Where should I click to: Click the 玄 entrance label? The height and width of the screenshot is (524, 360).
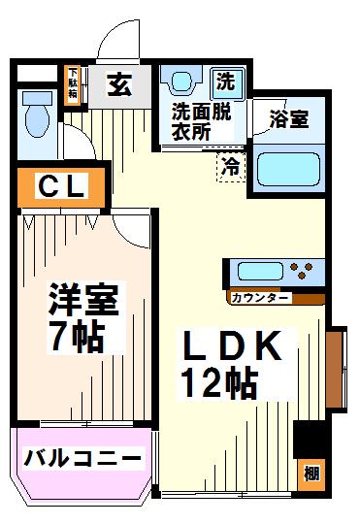(x=119, y=84)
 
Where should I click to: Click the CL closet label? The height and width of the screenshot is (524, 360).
(x=61, y=185)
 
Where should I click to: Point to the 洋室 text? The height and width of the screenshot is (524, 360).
(x=83, y=300)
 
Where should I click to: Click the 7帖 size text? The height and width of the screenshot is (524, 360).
(x=77, y=336)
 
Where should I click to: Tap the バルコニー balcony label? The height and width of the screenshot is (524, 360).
(x=82, y=458)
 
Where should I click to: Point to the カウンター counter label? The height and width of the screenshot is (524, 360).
(x=259, y=298)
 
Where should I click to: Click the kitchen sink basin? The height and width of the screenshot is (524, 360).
(x=260, y=272)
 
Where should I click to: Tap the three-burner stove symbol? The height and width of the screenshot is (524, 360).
(x=302, y=271)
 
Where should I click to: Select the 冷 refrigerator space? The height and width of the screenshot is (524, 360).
(x=231, y=167)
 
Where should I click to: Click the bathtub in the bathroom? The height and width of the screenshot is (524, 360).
(x=288, y=169)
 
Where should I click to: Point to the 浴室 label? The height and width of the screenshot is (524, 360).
(x=289, y=119)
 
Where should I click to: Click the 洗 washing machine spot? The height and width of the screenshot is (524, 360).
(x=227, y=82)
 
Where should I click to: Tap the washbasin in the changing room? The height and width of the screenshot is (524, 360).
(x=181, y=80)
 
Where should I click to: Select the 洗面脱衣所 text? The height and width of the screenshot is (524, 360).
(x=201, y=121)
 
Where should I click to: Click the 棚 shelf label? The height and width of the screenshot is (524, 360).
(x=311, y=475)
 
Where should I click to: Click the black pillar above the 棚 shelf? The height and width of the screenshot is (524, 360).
(x=310, y=440)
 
